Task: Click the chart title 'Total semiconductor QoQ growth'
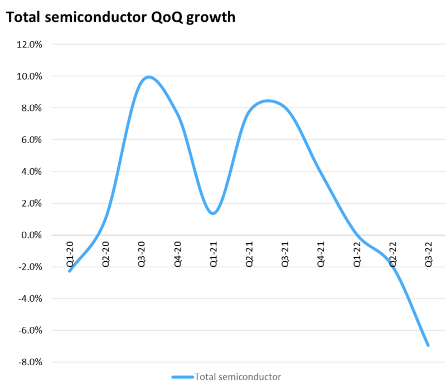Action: tap(120, 17)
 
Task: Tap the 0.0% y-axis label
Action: tap(32, 235)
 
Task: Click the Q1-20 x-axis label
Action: tap(70, 254)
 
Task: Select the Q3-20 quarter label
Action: tap(142, 254)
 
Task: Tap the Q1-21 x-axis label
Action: tap(214, 254)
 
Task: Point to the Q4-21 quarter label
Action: tap(321, 254)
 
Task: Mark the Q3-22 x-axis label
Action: tap(429, 254)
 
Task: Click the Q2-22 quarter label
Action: tap(393, 254)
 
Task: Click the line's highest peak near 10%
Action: tap(148, 77)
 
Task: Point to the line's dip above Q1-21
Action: tap(214, 213)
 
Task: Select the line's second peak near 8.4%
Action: tap(268, 101)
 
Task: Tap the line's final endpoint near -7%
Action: tap(428, 345)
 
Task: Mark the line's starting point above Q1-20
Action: tap(70, 271)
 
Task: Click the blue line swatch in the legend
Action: tap(183, 377)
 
